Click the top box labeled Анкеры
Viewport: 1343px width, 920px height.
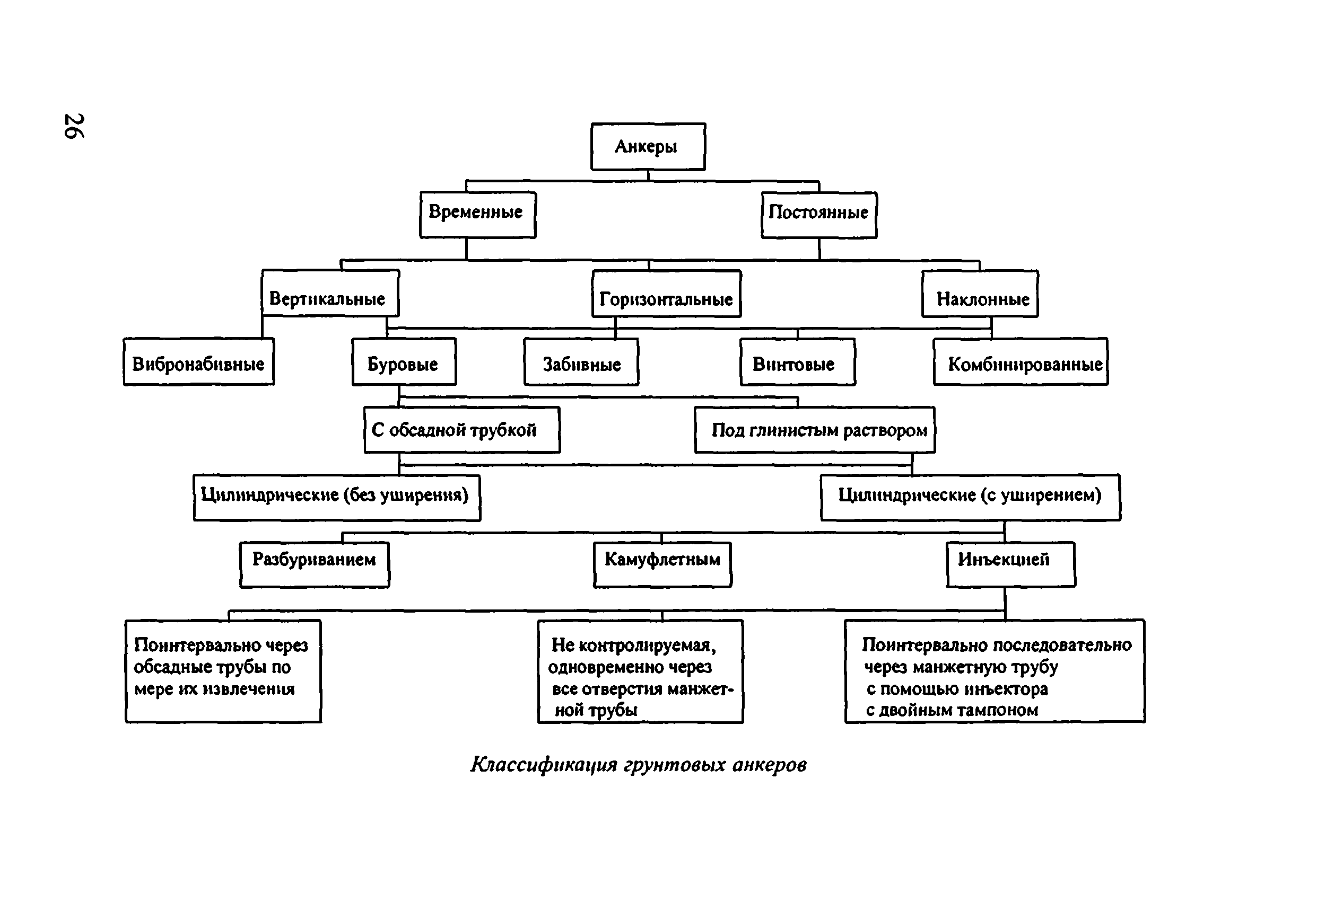click(x=648, y=147)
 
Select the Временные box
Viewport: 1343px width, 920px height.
click(x=478, y=214)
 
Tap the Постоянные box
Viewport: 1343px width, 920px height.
click(x=819, y=215)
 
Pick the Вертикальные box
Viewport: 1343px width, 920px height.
click(x=330, y=293)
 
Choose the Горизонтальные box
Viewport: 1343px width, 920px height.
click(x=666, y=294)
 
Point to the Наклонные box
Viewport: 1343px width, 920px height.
click(x=980, y=294)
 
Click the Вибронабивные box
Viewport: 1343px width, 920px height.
click(x=199, y=361)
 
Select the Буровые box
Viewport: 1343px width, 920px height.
click(x=404, y=361)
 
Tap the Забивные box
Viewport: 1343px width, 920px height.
click(x=581, y=361)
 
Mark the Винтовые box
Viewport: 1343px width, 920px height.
click(x=798, y=361)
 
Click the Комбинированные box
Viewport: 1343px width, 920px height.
click(x=1021, y=361)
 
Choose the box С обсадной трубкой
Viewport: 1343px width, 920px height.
click(x=462, y=430)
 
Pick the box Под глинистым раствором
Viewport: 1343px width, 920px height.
click(x=815, y=430)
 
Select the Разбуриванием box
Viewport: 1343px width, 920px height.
click(x=315, y=565)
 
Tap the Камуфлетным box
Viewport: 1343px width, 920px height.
click(x=662, y=565)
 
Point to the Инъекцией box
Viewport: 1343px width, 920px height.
click(x=1011, y=564)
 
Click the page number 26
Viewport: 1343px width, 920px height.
click(x=74, y=126)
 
